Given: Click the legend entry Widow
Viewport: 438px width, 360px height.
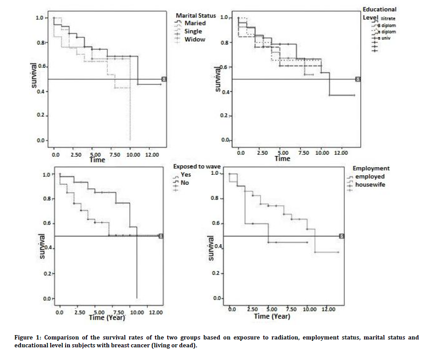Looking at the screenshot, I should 194,39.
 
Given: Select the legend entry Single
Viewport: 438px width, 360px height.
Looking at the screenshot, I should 193,31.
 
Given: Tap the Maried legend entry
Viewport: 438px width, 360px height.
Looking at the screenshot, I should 195,23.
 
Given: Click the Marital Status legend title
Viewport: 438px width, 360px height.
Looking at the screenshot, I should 196,15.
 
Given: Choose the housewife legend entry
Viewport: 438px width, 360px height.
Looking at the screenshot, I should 370,185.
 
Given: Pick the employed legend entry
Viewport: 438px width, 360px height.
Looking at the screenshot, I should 370,177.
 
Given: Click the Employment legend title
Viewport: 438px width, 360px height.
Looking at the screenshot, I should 371,168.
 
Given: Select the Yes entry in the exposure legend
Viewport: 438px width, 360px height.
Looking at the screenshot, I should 186,174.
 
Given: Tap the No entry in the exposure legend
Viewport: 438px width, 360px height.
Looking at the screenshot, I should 185,183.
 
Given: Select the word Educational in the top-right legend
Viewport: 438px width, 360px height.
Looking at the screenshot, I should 379,9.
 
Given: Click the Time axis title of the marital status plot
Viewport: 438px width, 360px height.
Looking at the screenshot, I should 97,160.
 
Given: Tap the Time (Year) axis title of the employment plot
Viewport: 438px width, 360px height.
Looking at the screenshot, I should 272,316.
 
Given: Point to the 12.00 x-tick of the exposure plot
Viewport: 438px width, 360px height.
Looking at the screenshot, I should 155,312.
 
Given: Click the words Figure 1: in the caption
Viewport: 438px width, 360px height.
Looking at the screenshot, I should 24,337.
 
